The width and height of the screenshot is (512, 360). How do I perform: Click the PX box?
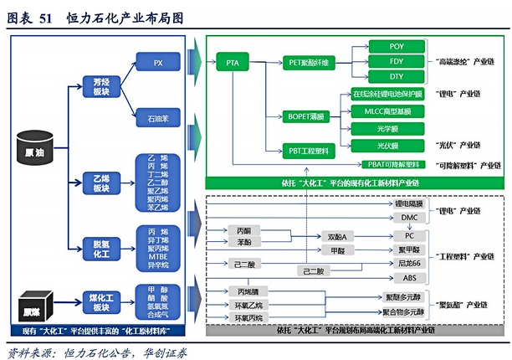(x=158, y=63)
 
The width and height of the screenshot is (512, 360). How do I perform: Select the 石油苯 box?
(x=158, y=119)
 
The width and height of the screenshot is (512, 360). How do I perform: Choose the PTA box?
(x=233, y=63)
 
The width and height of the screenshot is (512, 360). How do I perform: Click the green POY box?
(x=397, y=47)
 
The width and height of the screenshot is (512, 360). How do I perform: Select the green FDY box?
(x=397, y=62)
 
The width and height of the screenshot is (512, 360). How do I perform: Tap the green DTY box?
(x=397, y=77)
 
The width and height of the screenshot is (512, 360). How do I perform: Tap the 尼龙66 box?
(x=408, y=263)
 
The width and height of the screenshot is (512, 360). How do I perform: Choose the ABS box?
(x=408, y=277)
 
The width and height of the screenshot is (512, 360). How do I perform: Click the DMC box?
(x=408, y=218)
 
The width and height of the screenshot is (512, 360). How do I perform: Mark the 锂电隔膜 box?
(x=408, y=203)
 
